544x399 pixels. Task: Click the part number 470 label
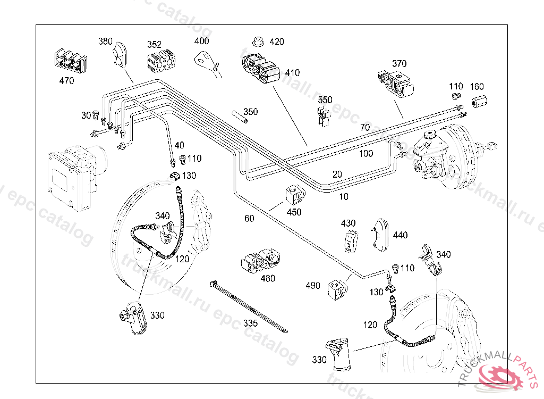[66, 81]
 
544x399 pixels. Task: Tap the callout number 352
[154, 45]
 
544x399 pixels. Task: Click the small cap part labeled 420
[258, 41]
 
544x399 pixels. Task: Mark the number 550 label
[325, 99]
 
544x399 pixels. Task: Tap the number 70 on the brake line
[364, 128]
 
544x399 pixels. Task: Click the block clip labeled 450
[295, 195]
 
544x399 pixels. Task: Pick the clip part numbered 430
[349, 241]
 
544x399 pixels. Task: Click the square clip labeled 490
[337, 288]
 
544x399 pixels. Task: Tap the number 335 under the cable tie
[250, 323]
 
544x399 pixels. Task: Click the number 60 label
[249, 218]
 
